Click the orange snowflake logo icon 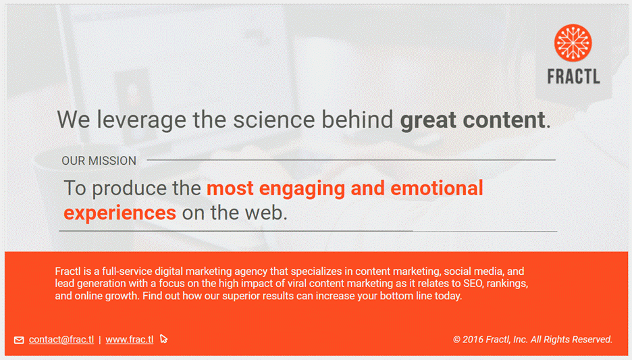pyautogui.click(x=573, y=43)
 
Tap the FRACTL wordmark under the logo pyautogui.click(x=573, y=76)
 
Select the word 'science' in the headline pyautogui.click(x=273, y=120)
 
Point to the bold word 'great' pyautogui.click(x=427, y=120)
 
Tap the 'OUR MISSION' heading pyautogui.click(x=99, y=161)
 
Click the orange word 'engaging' pyautogui.click(x=302, y=188)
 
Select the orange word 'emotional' pyautogui.click(x=436, y=188)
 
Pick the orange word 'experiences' pyautogui.click(x=120, y=213)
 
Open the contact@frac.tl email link pyautogui.click(x=61, y=340)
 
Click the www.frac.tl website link pyautogui.click(x=130, y=340)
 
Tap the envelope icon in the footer pyautogui.click(x=19, y=340)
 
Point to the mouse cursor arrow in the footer pyautogui.click(x=163, y=339)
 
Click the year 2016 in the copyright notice pyautogui.click(x=473, y=340)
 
